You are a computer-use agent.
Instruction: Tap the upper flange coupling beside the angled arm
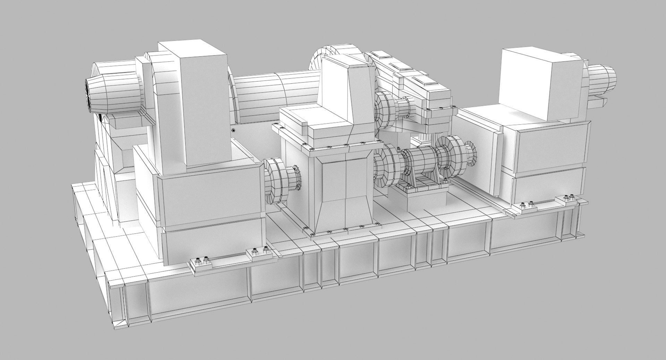[385, 108]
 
